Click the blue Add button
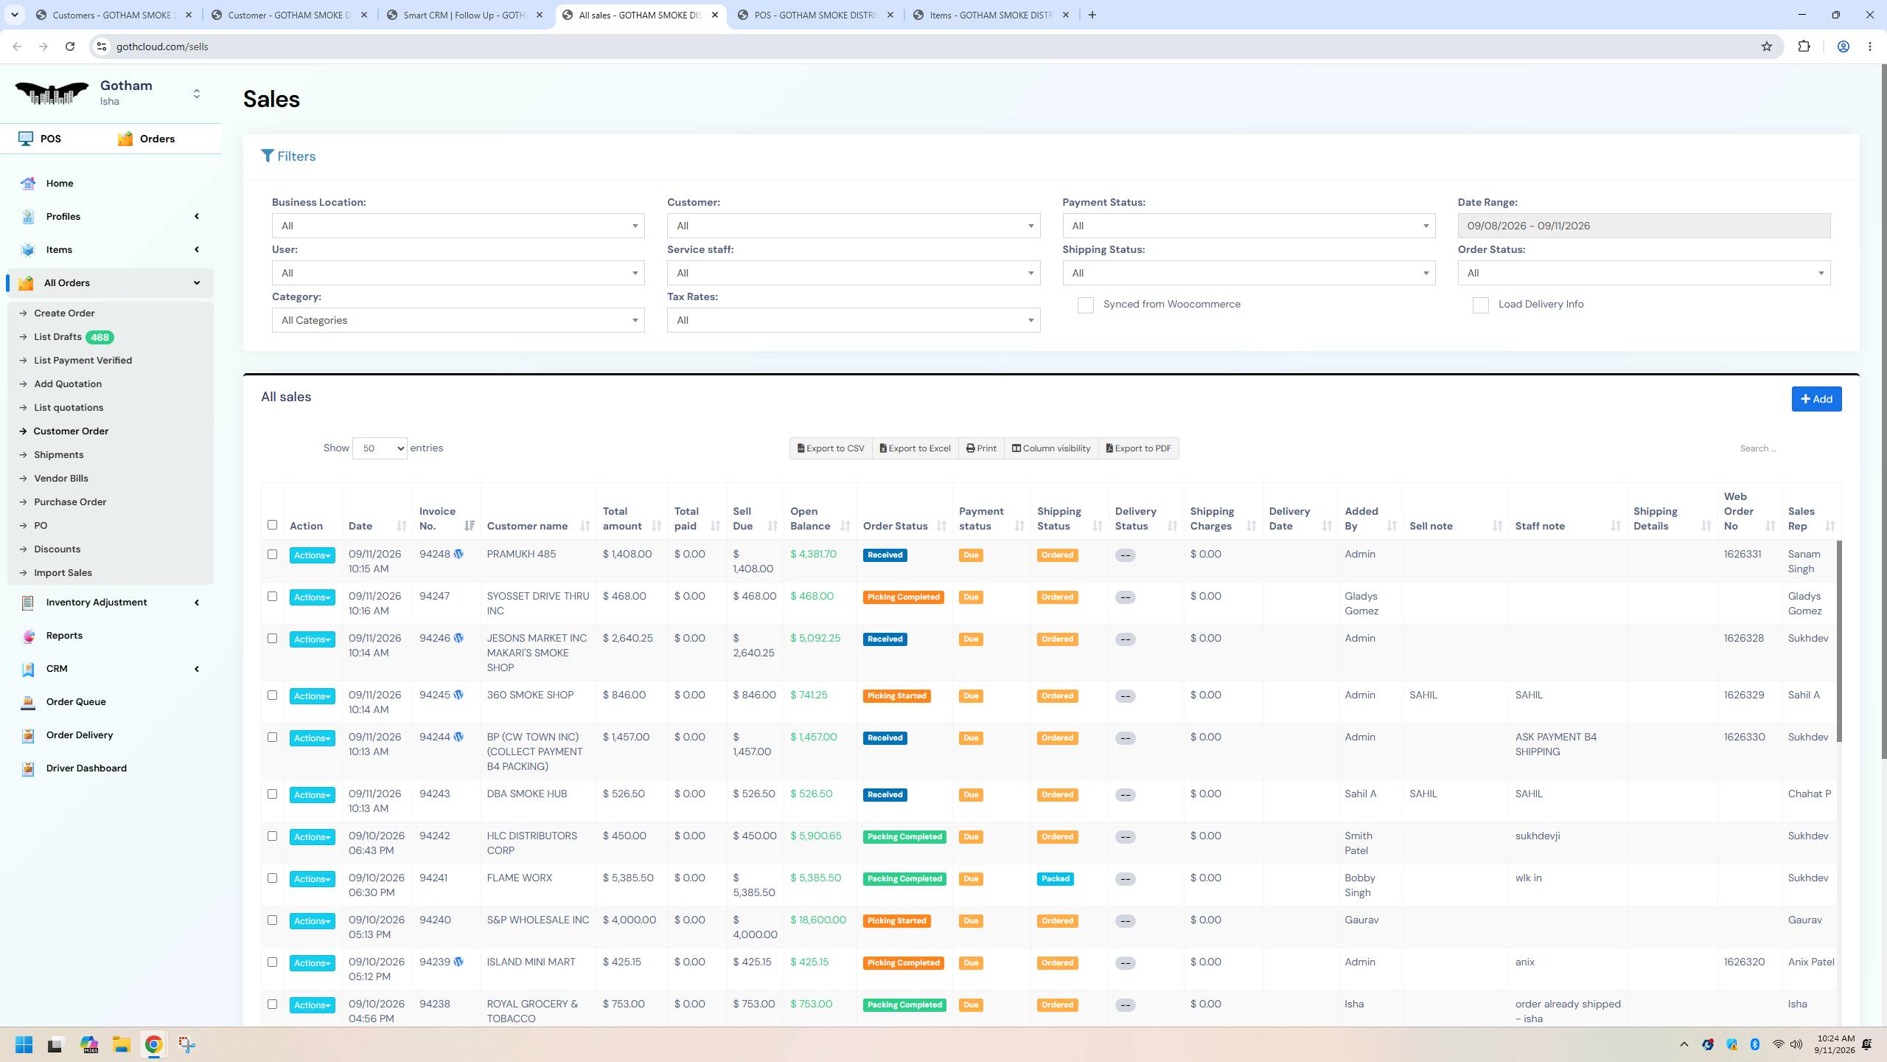[1816, 399]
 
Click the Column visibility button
[1050, 448]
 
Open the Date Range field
[1644, 226]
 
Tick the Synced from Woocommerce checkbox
[1085, 305]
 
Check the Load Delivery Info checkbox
[1480, 305]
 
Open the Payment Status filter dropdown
[1249, 226]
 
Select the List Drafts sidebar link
[57, 337]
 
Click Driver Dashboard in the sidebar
[86, 768]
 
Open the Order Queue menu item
[76, 701]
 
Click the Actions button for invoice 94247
[312, 597]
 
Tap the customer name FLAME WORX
[519, 878]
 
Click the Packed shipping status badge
[1055, 879]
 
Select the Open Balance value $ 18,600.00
[818, 920]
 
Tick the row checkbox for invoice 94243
[272, 794]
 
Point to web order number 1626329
[1744, 695]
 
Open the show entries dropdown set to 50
[380, 448]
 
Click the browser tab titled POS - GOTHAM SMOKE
[816, 15]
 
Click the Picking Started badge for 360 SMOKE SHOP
[896, 696]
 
